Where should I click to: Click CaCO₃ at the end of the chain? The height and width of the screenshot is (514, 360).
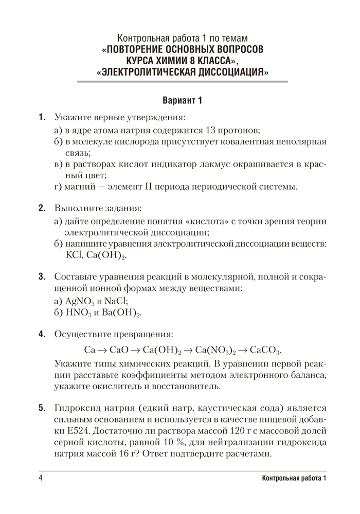[266, 350]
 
